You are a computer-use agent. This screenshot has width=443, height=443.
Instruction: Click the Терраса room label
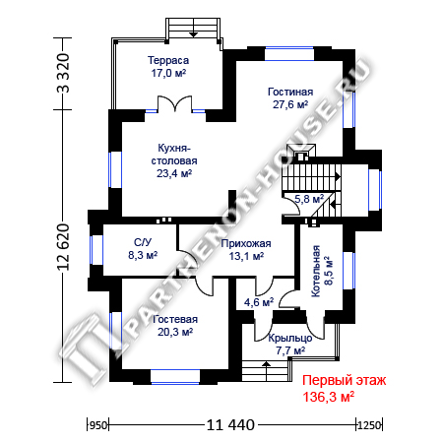(x=168, y=60)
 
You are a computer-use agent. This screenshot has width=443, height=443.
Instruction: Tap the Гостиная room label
(x=290, y=92)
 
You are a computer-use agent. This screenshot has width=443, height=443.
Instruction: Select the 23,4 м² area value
(x=174, y=173)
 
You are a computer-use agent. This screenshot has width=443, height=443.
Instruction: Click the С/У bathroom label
(x=143, y=242)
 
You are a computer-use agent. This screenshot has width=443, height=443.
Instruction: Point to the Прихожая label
(x=246, y=243)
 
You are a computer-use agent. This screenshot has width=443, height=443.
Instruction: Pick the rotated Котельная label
(x=316, y=271)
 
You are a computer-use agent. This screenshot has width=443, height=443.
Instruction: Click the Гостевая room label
(x=175, y=319)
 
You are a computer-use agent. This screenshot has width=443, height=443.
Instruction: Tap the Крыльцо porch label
(x=290, y=338)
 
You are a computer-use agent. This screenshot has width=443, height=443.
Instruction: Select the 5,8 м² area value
(x=309, y=199)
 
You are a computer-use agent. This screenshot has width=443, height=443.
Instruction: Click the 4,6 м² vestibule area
(x=259, y=302)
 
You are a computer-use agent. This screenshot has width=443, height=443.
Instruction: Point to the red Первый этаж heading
(x=345, y=381)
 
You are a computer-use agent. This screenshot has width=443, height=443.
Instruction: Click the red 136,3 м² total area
(x=328, y=397)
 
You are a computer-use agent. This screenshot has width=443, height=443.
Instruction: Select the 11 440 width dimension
(x=230, y=425)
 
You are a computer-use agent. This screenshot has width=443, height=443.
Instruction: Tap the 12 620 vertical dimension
(x=63, y=247)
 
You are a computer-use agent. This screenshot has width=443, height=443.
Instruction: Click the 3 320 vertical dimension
(x=63, y=73)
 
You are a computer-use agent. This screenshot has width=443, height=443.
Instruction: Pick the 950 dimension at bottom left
(x=98, y=425)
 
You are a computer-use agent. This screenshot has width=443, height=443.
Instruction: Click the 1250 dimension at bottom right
(x=369, y=425)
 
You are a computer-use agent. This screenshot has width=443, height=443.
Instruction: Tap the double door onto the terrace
(x=174, y=104)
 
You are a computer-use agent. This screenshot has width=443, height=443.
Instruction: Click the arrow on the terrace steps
(x=194, y=28)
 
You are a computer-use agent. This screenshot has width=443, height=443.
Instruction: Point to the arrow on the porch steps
(x=266, y=371)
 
